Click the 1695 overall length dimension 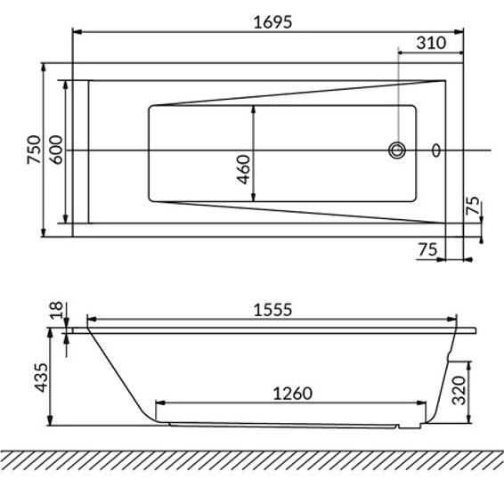[x=272, y=22]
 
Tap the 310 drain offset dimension [x=431, y=43]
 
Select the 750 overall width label [x=35, y=150]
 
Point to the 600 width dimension [x=57, y=150]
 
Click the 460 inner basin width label [x=243, y=169]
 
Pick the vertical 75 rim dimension [x=473, y=205]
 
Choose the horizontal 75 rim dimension [x=427, y=249]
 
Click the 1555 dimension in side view [x=272, y=310]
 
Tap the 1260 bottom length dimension [x=292, y=394]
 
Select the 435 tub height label [x=41, y=378]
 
